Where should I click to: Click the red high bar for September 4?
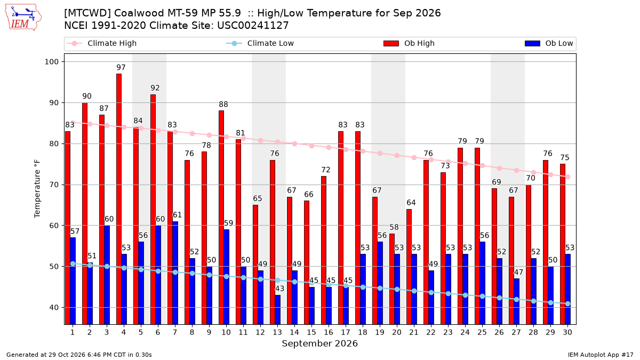119,199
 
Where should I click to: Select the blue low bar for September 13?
278,310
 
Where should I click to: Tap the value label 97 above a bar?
121,67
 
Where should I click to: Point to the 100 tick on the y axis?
52,62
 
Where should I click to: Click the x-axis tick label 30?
567,332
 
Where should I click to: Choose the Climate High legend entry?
102,43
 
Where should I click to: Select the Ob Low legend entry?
549,43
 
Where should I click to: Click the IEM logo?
23,18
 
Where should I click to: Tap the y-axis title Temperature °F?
37,189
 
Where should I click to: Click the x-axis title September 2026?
319,343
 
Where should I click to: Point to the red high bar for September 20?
392,279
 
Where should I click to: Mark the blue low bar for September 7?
175,273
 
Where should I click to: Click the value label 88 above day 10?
223,105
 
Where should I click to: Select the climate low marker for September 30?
567,303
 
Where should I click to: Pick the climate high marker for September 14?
294,143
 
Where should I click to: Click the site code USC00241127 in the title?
253,26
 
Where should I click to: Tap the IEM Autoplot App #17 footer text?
601,355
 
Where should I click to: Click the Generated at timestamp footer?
79,355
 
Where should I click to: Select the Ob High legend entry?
409,43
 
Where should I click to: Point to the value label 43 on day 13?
279,289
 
